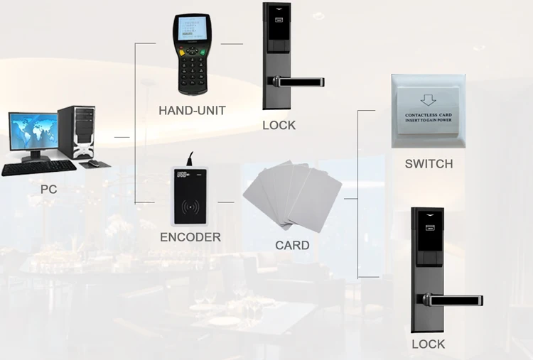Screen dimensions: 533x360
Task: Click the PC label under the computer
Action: (48, 190)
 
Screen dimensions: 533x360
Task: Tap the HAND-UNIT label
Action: (192, 110)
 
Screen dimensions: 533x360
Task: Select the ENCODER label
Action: (190, 237)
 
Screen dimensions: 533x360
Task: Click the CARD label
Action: (292, 245)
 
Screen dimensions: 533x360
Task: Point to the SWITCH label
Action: (429, 164)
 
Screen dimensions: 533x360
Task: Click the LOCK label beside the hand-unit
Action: (279, 125)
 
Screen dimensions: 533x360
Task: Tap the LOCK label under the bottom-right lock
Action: (429, 344)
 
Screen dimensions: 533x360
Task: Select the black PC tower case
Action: (75, 131)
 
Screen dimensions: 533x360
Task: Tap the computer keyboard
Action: (39, 167)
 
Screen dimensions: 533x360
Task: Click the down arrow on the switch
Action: (428, 102)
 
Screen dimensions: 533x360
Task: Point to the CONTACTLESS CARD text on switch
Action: (428, 114)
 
